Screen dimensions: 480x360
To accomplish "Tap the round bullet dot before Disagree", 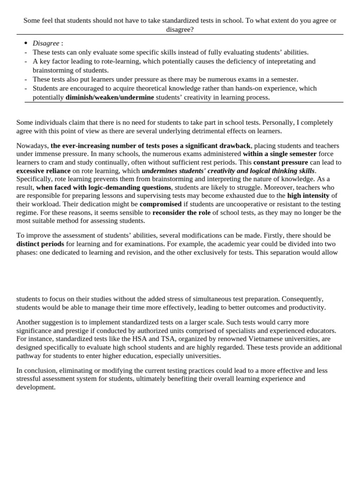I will (x=26, y=43).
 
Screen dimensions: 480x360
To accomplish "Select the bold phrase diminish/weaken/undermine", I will (x=110, y=97).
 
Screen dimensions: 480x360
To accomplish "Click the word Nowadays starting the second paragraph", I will (x=32, y=145).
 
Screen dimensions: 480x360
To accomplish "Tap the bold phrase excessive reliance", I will (x=43, y=171).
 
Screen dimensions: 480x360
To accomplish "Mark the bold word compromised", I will (x=160, y=204).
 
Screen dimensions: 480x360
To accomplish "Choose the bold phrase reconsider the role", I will (x=181, y=212).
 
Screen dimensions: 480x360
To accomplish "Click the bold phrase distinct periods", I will (x=40, y=244).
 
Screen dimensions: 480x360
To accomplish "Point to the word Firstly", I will (x=264, y=235).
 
